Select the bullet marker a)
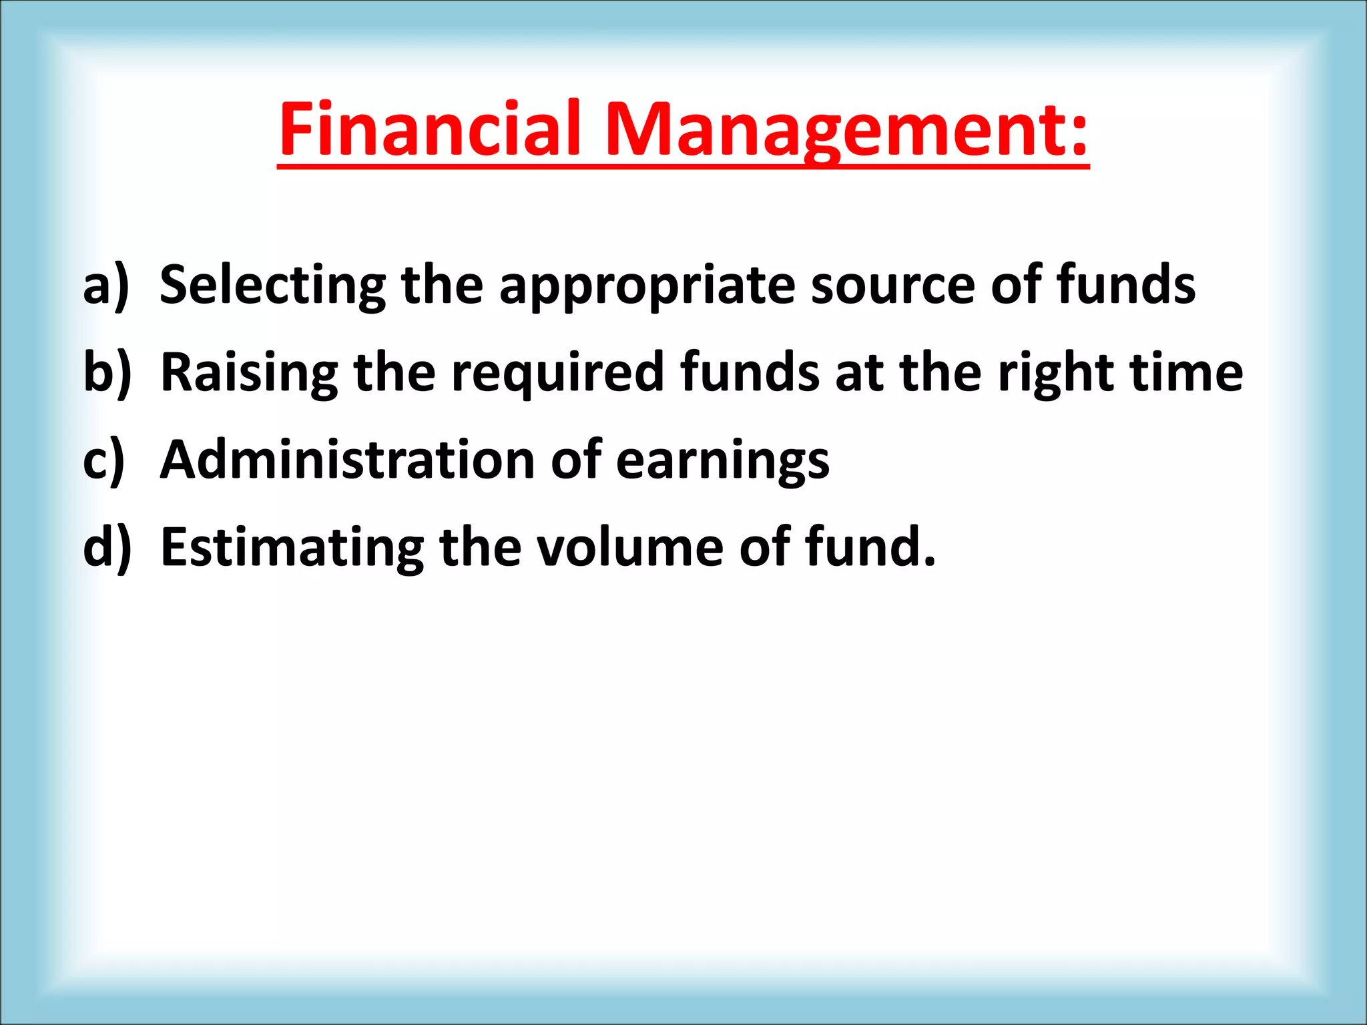click(x=105, y=286)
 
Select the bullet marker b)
click(x=107, y=372)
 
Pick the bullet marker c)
click(x=104, y=460)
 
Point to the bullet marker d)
click(x=107, y=547)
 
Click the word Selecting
click(x=272, y=286)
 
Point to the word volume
click(x=630, y=547)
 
